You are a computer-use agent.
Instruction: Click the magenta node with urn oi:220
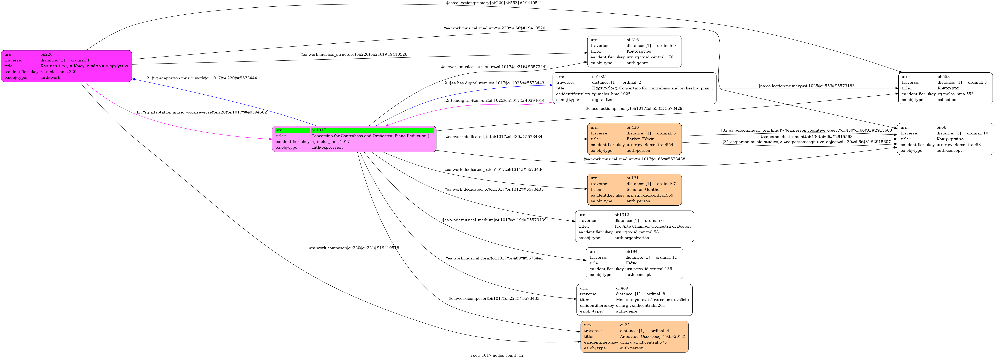click(66, 66)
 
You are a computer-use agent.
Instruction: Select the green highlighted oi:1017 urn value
click(372, 130)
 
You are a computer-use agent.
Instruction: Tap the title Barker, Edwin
click(640, 139)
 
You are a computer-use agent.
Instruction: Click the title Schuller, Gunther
click(644, 190)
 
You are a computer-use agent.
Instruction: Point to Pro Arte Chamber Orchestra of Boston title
click(652, 226)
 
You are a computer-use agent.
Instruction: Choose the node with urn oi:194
click(634, 263)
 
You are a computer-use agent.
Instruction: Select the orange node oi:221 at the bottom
click(634, 336)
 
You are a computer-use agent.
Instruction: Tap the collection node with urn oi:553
click(945, 88)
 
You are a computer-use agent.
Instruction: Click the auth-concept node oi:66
click(945, 139)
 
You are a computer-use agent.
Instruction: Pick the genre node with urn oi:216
click(634, 51)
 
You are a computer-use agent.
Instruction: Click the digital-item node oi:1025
click(634, 88)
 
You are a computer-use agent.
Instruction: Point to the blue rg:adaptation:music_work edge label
click(202, 78)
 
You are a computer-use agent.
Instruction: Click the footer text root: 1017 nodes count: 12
click(497, 355)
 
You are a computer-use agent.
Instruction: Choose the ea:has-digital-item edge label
click(494, 83)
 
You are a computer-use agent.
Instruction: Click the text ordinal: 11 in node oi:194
click(666, 257)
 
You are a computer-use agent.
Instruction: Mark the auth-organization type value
click(632, 238)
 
